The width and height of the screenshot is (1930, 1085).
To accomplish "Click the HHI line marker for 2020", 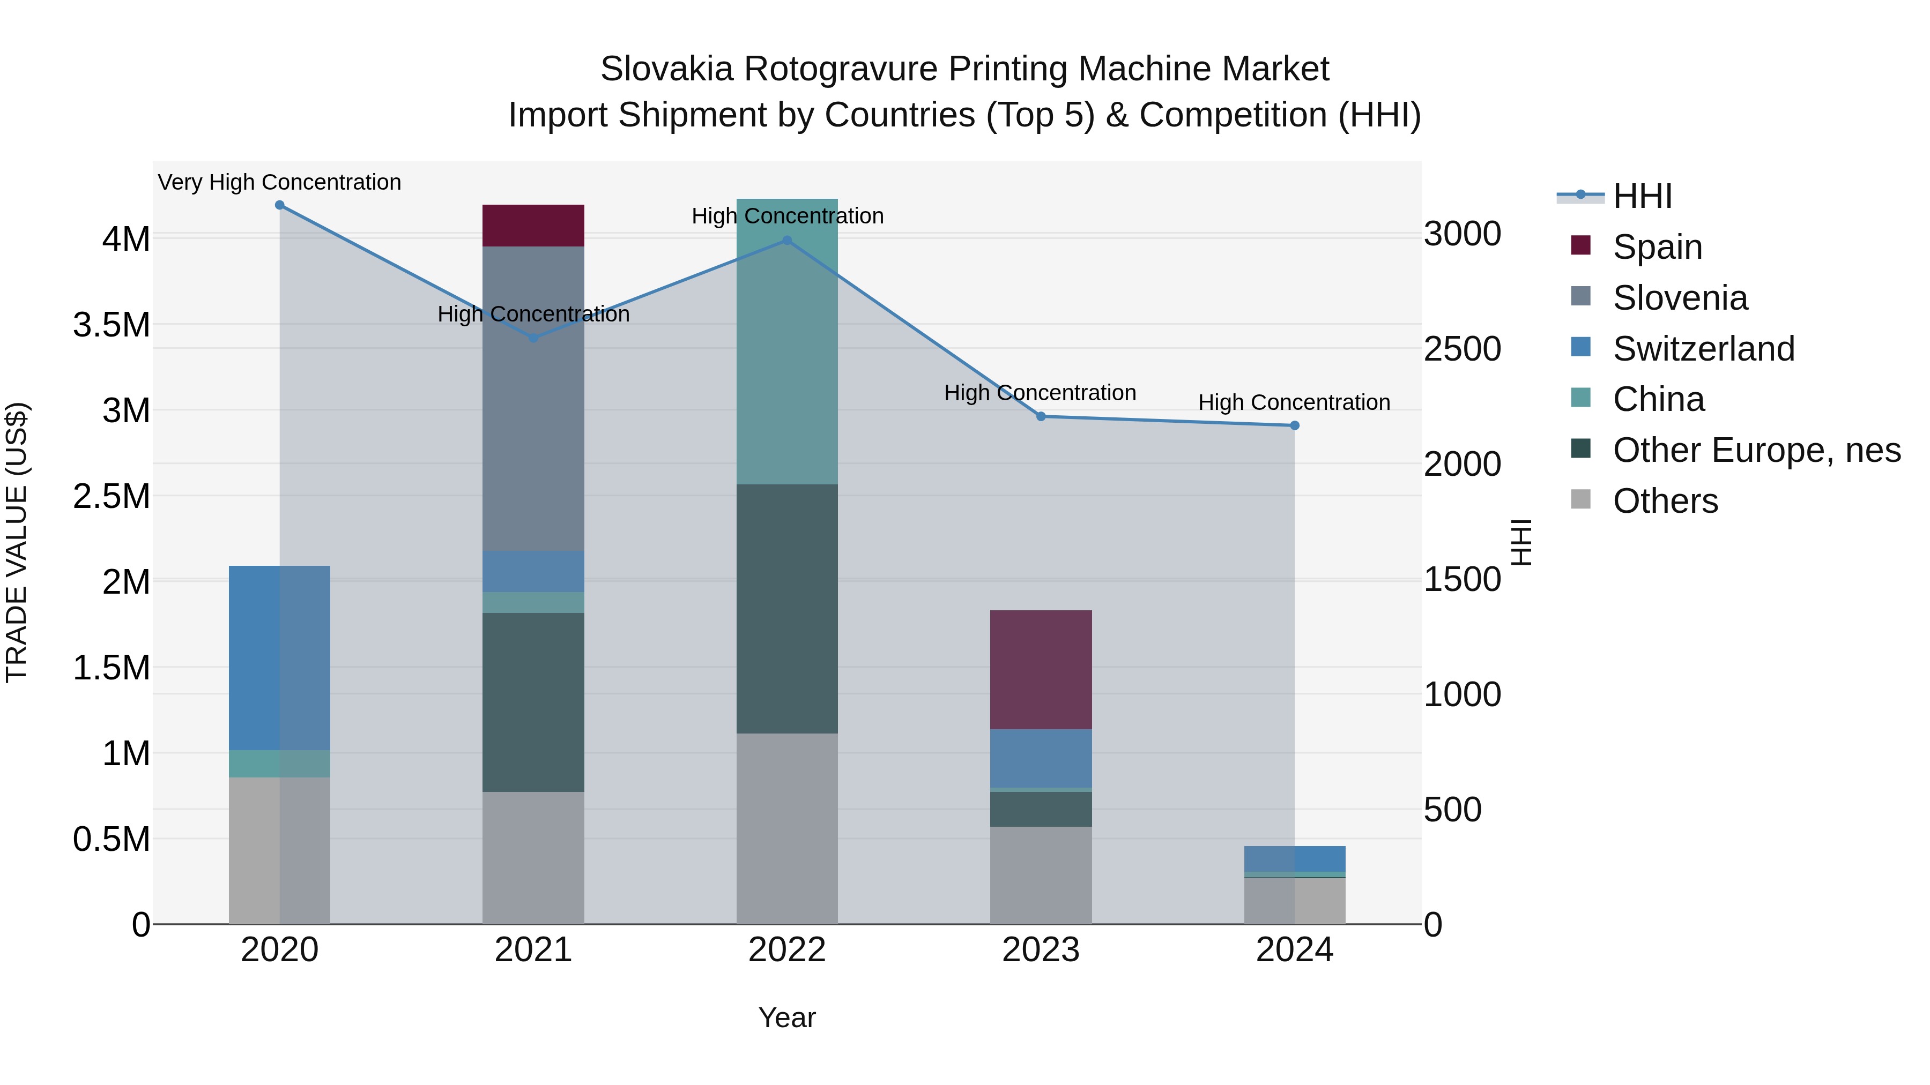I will point(279,205).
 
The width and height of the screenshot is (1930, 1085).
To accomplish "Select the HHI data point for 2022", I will point(786,241).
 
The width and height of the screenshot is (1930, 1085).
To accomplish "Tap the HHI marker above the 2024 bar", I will point(1294,425).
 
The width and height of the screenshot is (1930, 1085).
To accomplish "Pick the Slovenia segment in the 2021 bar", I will point(533,398).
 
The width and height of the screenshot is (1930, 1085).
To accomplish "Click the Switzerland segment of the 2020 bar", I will point(279,657).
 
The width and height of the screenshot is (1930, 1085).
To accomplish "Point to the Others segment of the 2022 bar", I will point(786,828).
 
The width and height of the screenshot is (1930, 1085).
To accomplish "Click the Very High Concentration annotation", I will point(279,183).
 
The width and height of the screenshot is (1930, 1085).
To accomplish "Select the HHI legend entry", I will point(1642,196).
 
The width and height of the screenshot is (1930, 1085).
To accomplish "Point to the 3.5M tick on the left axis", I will point(112,326).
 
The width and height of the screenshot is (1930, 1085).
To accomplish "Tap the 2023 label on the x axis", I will point(1041,950).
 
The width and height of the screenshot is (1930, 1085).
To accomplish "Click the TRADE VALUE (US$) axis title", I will point(17,542).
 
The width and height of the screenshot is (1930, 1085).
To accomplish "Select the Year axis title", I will point(786,1017).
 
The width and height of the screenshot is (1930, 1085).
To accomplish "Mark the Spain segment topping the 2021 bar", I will point(533,226).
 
